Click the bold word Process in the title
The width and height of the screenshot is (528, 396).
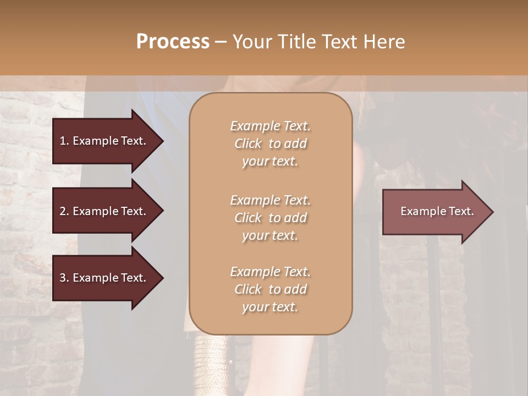pos(173,42)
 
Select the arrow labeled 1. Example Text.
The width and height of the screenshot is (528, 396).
pos(103,141)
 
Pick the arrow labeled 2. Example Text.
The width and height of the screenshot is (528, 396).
pos(103,211)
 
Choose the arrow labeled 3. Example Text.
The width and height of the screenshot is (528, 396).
pos(103,278)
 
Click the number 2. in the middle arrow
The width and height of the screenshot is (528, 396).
pos(64,211)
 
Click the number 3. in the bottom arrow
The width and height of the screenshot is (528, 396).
pos(64,278)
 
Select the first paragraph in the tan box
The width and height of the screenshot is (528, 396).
pos(270,144)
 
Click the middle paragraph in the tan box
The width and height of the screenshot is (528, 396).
pos(270,217)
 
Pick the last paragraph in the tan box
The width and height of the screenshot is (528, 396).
pos(270,289)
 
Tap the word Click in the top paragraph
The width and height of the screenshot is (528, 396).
pos(248,144)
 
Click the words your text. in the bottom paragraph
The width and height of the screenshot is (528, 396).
pos(270,307)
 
